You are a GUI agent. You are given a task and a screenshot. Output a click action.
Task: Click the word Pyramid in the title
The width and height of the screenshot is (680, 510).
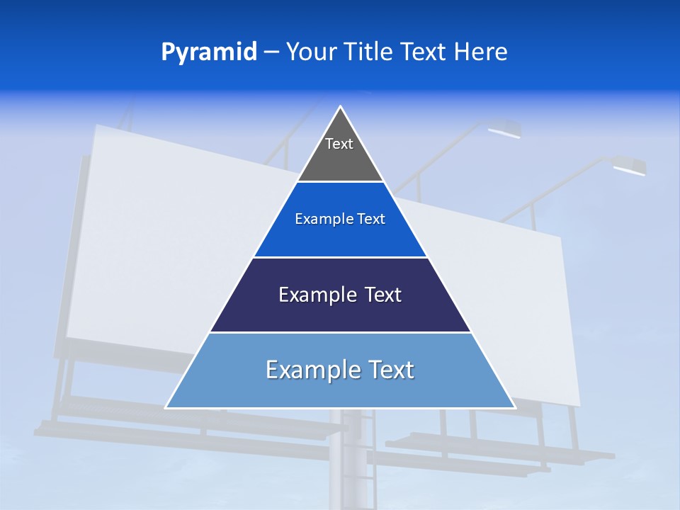tap(208, 52)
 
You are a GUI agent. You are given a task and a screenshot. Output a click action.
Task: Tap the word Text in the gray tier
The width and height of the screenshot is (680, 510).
tap(339, 144)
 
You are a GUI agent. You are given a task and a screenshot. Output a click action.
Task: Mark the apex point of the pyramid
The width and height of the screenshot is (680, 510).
tap(340, 107)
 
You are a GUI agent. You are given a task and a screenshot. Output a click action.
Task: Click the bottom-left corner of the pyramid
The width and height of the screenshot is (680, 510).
tap(166, 407)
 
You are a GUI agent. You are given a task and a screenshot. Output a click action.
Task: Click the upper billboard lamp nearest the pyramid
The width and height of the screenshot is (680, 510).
tap(504, 130)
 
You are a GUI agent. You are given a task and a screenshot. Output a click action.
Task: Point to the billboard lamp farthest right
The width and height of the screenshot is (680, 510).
tap(629, 167)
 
